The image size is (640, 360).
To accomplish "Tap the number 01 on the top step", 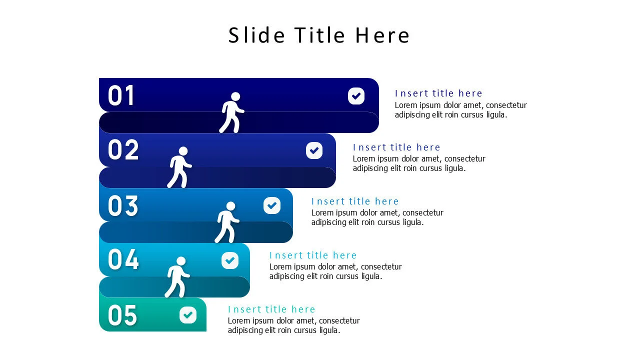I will [x=121, y=95].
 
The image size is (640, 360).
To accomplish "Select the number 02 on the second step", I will [x=123, y=149].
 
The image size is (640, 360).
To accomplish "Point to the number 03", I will [x=123, y=205].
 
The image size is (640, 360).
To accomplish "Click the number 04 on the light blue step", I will [x=123, y=259].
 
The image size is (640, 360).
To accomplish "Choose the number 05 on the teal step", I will [x=122, y=315].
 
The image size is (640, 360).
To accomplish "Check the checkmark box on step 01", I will [x=356, y=95].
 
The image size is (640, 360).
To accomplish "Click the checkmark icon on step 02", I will [x=314, y=150].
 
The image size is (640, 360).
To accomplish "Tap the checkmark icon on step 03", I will [x=272, y=205].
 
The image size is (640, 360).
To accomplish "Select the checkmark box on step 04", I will [x=230, y=260].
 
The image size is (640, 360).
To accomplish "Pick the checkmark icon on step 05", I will [x=188, y=315].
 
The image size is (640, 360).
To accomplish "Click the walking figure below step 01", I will [x=232, y=113].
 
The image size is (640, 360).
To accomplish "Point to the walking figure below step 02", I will [x=180, y=167].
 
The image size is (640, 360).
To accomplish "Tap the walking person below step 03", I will [x=227, y=222].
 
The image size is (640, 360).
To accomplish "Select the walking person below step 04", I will [x=177, y=277].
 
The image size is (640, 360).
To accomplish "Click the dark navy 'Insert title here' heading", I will [x=438, y=93].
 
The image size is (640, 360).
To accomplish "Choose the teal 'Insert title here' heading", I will [x=271, y=309].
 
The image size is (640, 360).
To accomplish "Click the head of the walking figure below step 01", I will [x=235, y=96].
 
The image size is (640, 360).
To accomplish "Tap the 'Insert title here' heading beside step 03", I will [x=355, y=201].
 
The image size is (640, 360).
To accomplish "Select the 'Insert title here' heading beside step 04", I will [x=313, y=255].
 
